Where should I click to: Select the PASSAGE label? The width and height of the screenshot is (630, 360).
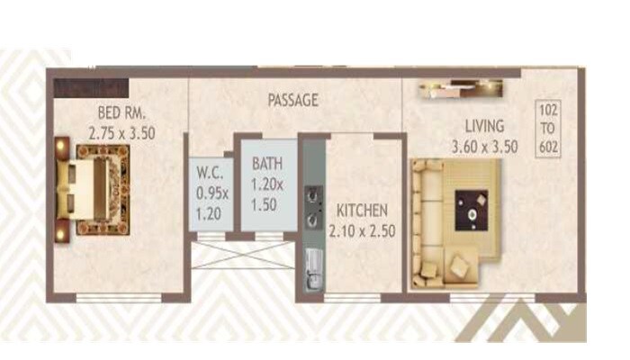pyautogui.click(x=292, y=100)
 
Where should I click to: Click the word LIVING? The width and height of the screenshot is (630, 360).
pyautogui.click(x=484, y=126)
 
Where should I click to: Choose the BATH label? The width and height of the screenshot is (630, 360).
pyautogui.click(x=266, y=164)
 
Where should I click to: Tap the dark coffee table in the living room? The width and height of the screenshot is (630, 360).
pyautogui.click(x=471, y=211)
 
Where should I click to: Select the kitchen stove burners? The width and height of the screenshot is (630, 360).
pyautogui.click(x=312, y=205)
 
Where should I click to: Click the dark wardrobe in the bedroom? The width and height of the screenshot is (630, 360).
pyautogui.click(x=90, y=88)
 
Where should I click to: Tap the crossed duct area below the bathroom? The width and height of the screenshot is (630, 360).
pyautogui.click(x=243, y=255)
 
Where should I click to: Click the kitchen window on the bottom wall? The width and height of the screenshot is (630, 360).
pyautogui.click(x=353, y=297)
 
